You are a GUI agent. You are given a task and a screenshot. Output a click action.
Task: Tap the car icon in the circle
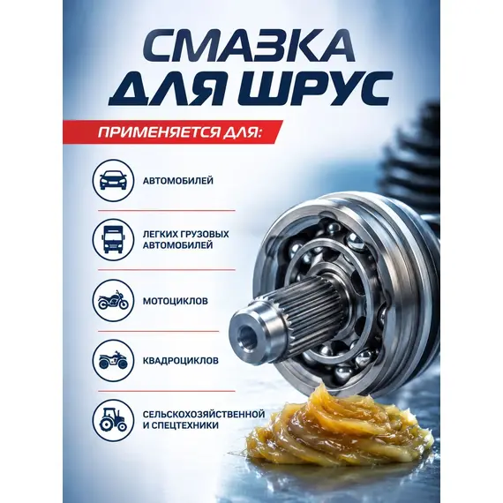coord(113,181)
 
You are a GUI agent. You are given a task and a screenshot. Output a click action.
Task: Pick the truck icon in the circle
coord(113,240)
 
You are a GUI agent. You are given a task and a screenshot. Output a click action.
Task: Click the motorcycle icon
coord(113,300)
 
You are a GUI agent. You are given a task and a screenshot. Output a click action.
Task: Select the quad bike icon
coord(113,360)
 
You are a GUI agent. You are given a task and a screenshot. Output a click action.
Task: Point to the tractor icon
coord(113,419)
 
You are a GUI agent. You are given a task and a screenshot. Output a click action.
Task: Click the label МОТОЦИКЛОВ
coord(175,301)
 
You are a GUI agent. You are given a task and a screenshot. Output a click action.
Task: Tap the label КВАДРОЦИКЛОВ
coord(181,360)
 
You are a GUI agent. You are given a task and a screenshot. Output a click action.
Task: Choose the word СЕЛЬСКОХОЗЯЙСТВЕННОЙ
coord(204,414)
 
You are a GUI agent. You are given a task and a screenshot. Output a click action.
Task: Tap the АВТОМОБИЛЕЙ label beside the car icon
coord(178,181)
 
